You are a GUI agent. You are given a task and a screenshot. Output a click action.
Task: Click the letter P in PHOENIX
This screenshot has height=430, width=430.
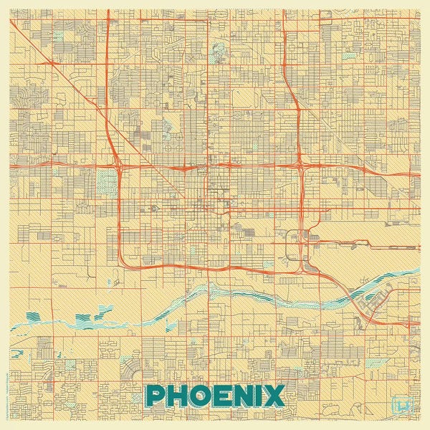(x=156, y=395)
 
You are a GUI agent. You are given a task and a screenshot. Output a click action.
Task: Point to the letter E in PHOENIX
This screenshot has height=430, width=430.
(x=226, y=395)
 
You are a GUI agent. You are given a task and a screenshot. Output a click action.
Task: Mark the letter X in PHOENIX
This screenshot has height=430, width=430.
(x=276, y=395)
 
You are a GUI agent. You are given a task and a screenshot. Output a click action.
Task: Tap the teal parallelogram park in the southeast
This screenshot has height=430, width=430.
(x=375, y=362)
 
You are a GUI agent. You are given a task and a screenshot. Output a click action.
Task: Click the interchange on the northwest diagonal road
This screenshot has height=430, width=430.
(x=51, y=64)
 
